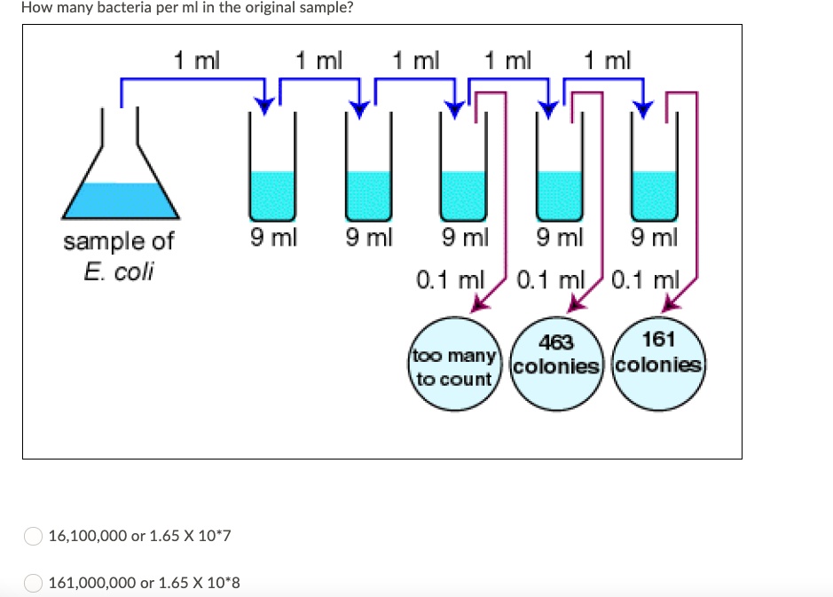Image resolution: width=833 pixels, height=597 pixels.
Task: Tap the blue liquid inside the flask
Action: (121, 200)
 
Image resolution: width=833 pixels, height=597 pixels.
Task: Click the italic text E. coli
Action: (119, 271)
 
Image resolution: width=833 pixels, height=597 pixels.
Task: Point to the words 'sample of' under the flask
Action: (119, 241)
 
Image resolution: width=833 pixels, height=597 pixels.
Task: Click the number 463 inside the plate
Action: (556, 342)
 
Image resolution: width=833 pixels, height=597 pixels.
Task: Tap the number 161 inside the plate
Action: (658, 339)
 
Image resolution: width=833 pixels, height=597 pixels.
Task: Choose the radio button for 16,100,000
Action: (33, 536)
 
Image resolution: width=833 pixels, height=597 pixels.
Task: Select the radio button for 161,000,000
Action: (33, 583)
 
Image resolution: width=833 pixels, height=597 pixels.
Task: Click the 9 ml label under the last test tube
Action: (654, 238)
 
